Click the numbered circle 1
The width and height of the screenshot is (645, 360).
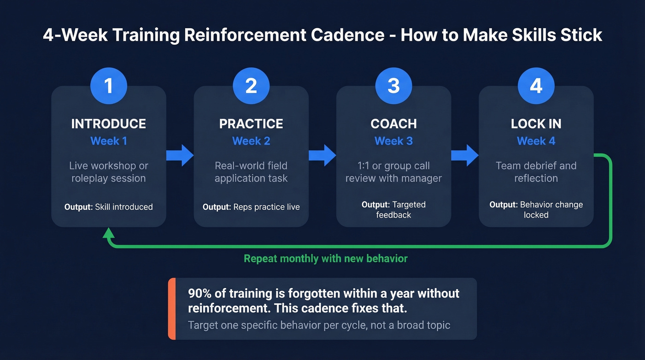tap(108, 86)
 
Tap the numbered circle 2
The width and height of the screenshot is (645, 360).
tap(251, 86)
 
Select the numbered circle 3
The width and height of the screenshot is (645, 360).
tap(393, 86)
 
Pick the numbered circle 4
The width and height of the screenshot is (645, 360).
tap(536, 86)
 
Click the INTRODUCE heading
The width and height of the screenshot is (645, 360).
tap(108, 124)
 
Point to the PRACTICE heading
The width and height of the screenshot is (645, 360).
tap(251, 124)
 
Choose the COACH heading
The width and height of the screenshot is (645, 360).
tap(393, 124)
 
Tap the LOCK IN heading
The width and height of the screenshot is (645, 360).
tap(536, 124)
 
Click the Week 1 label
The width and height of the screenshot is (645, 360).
tap(108, 141)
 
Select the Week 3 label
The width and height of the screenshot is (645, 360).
tap(393, 141)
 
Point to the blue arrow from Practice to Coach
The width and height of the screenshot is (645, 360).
tap(322, 155)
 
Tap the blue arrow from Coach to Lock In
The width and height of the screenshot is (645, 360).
tap(465, 155)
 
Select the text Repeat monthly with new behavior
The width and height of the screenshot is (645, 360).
tap(325, 259)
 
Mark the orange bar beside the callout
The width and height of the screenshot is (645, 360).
tap(172, 308)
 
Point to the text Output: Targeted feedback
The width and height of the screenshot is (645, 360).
tap(393, 209)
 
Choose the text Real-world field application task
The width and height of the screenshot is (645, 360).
tap(251, 172)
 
